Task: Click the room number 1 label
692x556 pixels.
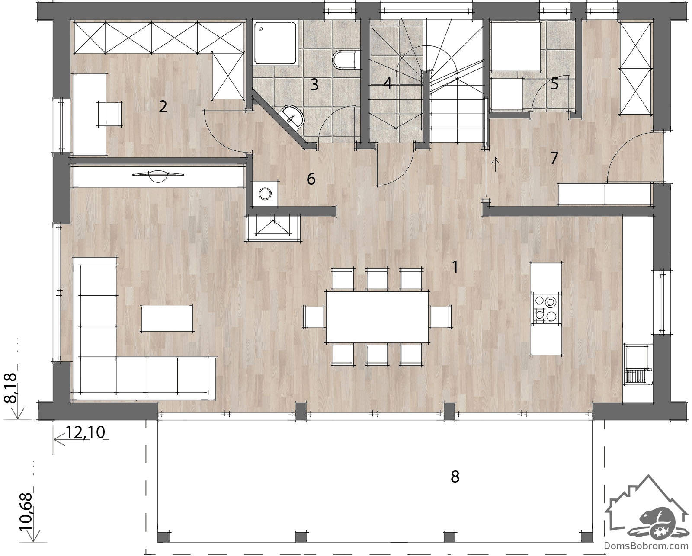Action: click(455, 267)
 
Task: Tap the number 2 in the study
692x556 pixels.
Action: click(163, 106)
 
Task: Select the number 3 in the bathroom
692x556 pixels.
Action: click(314, 84)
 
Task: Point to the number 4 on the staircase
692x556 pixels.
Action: click(388, 83)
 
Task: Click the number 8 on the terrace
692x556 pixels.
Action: click(455, 477)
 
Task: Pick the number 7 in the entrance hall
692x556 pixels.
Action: click(554, 158)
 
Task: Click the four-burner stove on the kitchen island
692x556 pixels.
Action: click(545, 308)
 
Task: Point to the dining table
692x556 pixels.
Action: click(377, 316)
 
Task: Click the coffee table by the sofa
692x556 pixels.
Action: click(167, 318)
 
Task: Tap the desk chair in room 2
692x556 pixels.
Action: click(110, 114)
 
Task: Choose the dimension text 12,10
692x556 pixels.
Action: click(86, 432)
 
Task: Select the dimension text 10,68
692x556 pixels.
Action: click(26, 512)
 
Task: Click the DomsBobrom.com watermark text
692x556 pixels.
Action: click(646, 546)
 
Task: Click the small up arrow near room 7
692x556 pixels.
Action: click(496, 164)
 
